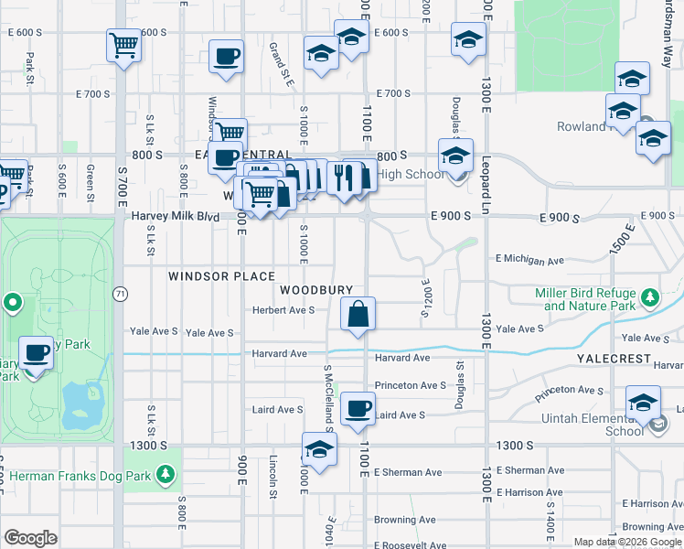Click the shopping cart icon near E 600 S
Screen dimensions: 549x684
123,44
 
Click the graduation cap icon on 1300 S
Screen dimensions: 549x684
319,448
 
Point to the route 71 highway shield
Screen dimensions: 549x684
120,294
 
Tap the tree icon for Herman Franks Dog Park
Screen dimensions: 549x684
165,473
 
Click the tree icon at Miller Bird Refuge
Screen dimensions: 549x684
649,297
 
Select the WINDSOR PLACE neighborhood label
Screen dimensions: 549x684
221,275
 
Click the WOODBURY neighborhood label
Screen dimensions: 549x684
316,289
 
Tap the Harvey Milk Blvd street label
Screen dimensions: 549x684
176,216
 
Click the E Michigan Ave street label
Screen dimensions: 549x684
529,261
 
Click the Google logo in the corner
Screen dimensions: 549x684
30,538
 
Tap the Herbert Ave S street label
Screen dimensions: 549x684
283,310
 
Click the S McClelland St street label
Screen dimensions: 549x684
327,395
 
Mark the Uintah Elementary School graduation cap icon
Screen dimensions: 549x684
643,403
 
